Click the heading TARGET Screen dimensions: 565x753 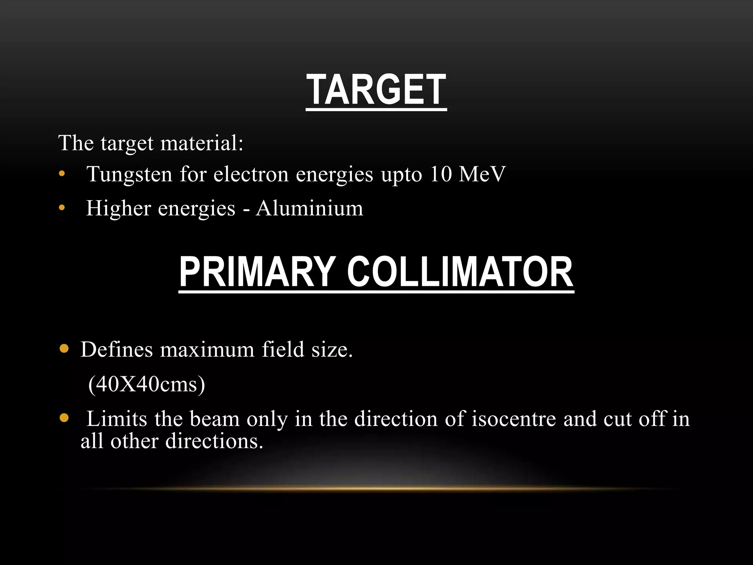[x=376, y=90]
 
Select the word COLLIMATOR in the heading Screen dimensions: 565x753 [x=460, y=272]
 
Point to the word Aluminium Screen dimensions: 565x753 [x=309, y=208]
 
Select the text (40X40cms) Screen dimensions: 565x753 [x=146, y=384]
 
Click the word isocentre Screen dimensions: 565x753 [x=514, y=419]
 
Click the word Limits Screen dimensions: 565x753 [x=117, y=419]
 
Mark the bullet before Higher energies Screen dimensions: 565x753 [x=62, y=208]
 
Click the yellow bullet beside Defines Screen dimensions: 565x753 [x=64, y=348]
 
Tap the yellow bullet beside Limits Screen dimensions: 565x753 [x=64, y=418]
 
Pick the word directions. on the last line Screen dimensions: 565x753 [x=214, y=441]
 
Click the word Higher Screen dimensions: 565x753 [x=118, y=208]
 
